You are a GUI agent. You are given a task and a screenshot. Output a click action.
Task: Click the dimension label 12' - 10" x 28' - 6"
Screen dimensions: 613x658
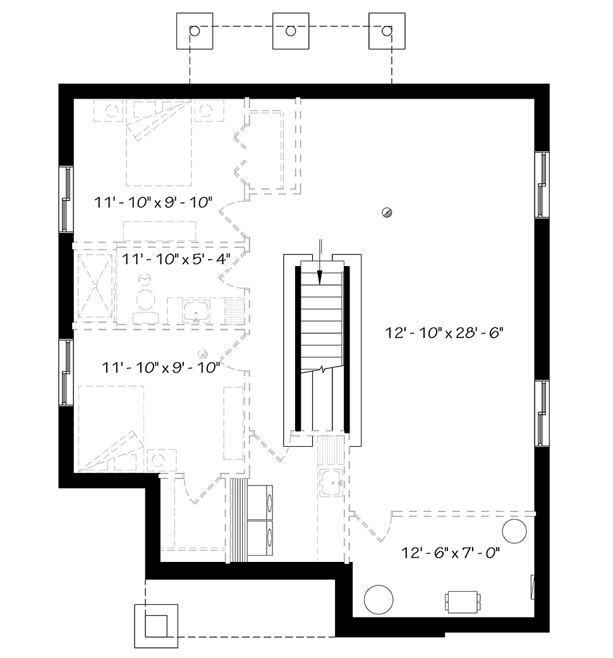[444, 333]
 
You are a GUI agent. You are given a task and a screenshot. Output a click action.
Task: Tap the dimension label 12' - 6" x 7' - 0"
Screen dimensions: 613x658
[451, 552]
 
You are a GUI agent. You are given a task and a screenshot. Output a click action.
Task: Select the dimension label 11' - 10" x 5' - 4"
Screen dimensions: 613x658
[176, 259]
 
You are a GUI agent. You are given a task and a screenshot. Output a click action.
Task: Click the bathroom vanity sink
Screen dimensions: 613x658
[197, 311]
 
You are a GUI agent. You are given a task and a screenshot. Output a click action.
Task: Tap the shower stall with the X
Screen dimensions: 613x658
[95, 286]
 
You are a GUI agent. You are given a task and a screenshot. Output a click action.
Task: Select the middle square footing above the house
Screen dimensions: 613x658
[291, 30]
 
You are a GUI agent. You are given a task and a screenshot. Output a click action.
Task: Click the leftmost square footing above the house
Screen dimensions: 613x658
[194, 30]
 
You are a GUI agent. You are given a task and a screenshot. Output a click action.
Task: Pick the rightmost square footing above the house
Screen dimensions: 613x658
[387, 30]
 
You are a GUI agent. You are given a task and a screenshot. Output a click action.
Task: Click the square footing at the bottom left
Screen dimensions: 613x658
[156, 626]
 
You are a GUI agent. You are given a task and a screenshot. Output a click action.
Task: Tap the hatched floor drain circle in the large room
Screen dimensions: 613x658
[387, 212]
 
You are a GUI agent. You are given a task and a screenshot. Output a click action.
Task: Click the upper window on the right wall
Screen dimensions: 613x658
[542, 185]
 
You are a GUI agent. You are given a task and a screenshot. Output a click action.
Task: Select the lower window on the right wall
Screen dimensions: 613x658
[542, 413]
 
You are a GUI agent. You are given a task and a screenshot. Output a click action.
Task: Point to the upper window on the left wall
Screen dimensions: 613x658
[66, 199]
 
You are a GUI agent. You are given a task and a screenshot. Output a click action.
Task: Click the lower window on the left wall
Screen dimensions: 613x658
[66, 372]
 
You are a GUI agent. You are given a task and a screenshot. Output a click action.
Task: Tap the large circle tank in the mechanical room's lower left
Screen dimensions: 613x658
[379, 600]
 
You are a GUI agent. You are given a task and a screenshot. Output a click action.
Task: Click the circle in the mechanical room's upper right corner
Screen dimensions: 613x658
[514, 531]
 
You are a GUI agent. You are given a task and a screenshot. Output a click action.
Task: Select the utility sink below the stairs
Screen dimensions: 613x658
[332, 483]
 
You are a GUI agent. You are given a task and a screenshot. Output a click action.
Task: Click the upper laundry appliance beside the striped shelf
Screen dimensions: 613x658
[260, 503]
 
